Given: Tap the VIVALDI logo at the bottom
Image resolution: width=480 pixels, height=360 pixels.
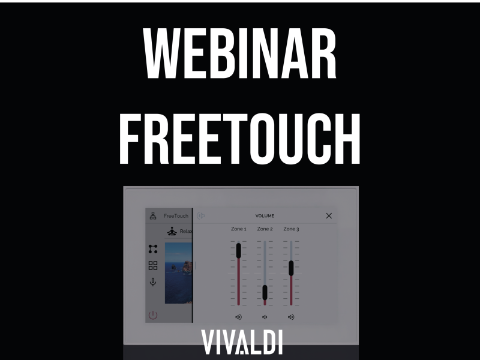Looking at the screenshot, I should (241, 341).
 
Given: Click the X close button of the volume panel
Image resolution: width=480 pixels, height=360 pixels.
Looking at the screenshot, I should (329, 216).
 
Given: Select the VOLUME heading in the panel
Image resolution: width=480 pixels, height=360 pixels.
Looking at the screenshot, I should (265, 216).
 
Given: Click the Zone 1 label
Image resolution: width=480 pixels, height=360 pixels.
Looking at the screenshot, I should (238, 229).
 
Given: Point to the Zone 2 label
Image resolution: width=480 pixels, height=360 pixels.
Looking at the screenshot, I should (265, 229).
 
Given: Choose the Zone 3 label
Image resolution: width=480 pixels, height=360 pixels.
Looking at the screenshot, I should (291, 229).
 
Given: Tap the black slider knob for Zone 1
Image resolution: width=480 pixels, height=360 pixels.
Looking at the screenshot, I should (238, 250).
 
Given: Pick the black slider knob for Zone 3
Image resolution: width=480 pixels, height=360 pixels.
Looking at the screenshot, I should (291, 268).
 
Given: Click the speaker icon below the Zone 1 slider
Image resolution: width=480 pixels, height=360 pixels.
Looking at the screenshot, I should (238, 317).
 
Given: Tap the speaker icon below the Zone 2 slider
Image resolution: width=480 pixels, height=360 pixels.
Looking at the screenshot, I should (265, 317).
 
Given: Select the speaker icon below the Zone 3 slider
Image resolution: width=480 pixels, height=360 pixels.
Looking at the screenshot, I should (291, 317).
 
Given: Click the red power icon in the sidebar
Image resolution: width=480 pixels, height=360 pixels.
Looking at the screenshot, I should (153, 314).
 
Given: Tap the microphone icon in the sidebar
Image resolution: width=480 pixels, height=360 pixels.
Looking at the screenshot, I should (153, 281).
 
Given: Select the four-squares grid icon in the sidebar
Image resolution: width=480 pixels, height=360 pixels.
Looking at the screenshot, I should (153, 265).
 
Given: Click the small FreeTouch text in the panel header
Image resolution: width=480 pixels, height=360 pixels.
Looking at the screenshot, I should (176, 216).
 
